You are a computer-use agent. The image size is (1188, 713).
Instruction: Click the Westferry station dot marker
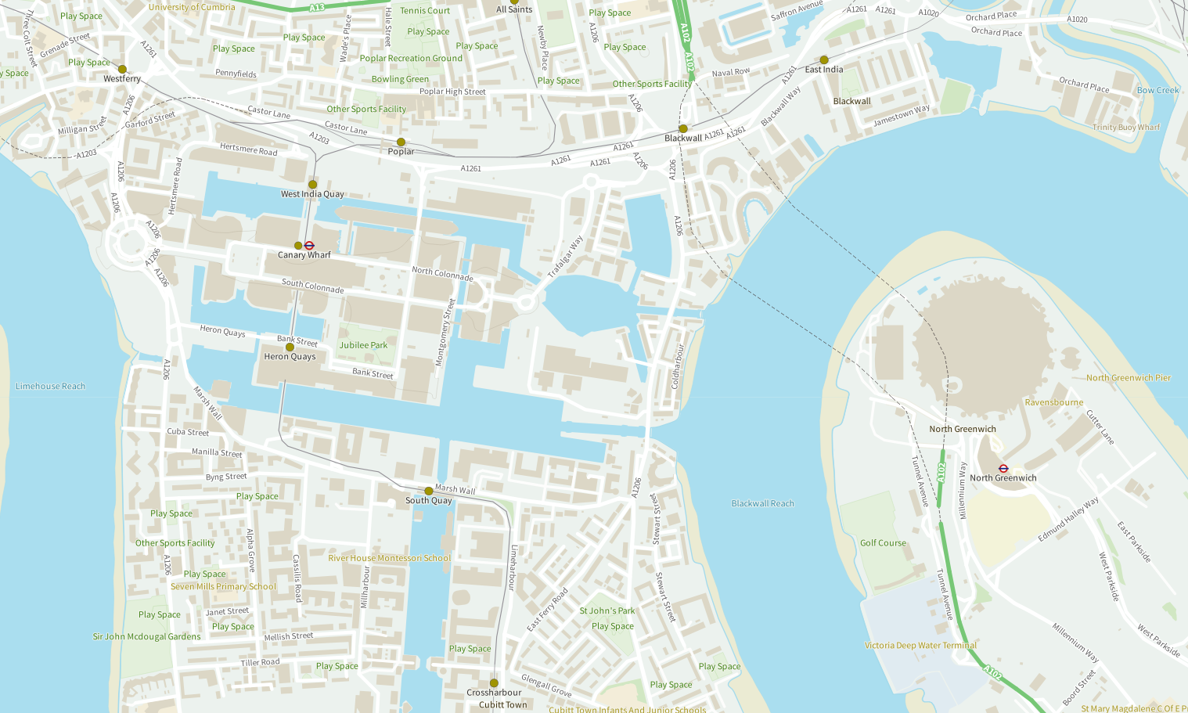(x=122, y=69)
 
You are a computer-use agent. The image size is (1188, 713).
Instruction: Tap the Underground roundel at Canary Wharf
(x=309, y=246)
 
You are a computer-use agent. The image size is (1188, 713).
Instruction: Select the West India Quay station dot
(x=312, y=184)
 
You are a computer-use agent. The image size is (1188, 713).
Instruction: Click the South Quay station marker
(x=428, y=491)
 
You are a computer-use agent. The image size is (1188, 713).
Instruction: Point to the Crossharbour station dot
(x=494, y=683)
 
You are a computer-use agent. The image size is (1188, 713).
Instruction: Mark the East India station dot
(x=823, y=59)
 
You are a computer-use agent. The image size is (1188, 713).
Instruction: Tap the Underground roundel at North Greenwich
(x=1003, y=468)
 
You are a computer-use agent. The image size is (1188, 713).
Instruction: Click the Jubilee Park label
(x=363, y=345)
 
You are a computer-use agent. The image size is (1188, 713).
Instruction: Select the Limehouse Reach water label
(x=50, y=386)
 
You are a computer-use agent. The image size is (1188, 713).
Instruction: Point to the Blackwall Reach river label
(x=762, y=503)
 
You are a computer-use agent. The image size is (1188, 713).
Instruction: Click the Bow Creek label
(x=1157, y=90)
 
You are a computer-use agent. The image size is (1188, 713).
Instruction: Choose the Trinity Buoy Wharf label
(x=1126, y=127)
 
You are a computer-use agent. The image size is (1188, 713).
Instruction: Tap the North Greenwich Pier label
(x=1128, y=378)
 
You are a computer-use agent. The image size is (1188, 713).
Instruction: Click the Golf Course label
(x=883, y=542)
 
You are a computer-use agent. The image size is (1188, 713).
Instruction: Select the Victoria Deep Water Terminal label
(x=920, y=646)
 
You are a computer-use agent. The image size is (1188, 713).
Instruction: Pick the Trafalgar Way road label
(x=565, y=257)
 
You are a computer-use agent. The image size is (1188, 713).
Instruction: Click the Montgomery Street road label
(x=445, y=332)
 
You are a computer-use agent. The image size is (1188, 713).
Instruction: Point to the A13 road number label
(x=316, y=8)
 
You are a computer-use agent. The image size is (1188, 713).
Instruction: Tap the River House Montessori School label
(x=389, y=558)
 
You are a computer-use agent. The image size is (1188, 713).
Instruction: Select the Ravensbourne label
(x=1053, y=402)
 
